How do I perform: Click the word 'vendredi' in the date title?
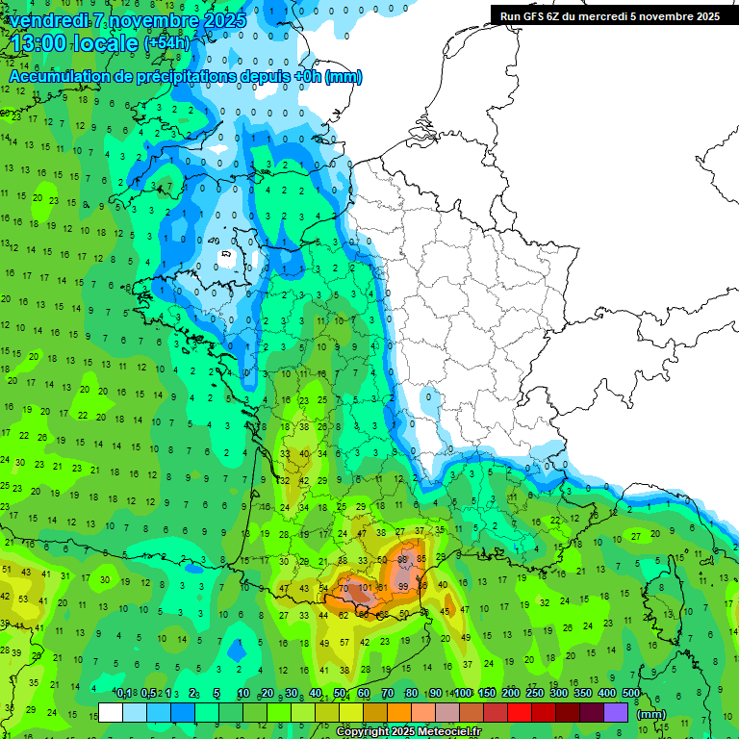(48, 19)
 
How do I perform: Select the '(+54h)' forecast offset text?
(166, 44)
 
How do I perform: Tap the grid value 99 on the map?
(402, 587)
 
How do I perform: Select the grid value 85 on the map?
(420, 559)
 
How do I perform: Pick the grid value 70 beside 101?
(344, 588)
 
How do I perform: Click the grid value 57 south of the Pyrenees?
(344, 642)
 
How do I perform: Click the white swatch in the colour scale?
(111, 713)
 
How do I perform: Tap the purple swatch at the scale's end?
(616, 713)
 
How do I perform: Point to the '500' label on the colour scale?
(630, 693)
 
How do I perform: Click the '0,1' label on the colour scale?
(124, 693)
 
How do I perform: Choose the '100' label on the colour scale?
(463, 693)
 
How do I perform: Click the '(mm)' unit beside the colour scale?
(651, 714)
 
